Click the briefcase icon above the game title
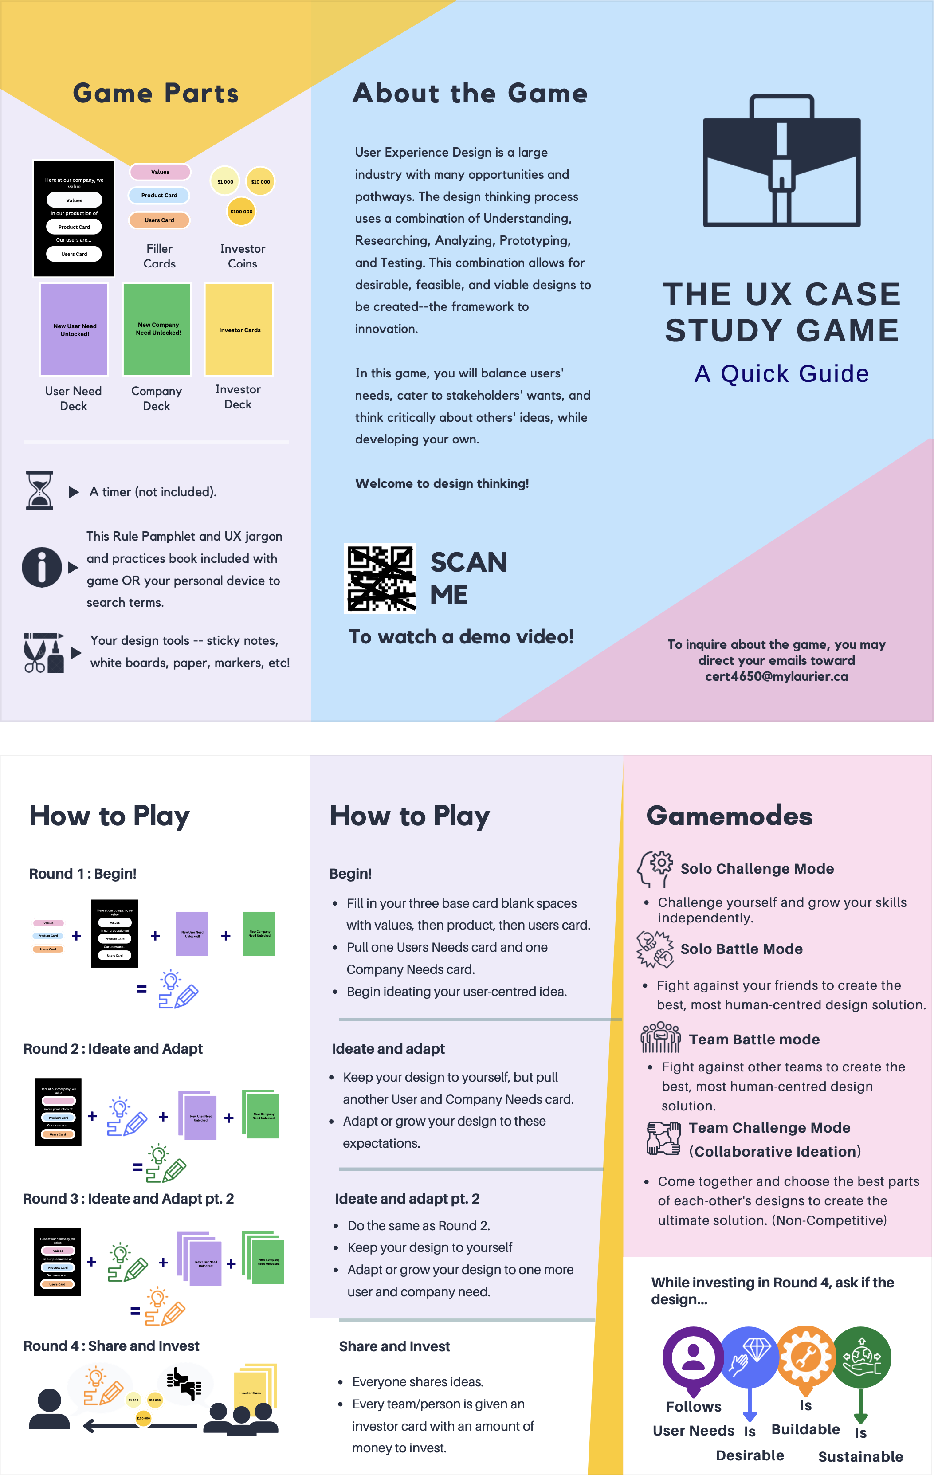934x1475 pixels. coord(781,161)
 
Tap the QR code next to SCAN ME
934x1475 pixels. coord(381,578)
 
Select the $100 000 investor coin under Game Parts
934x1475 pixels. coord(241,212)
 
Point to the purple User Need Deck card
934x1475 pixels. coord(74,330)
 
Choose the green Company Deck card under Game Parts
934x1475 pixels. coord(157,330)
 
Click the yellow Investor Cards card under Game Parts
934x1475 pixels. coord(239,330)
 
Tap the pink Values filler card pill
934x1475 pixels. coord(160,172)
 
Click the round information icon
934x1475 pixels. coord(42,567)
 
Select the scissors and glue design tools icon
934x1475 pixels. coord(43,653)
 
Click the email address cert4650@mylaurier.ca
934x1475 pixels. coord(776,676)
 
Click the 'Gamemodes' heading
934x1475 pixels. coord(729,816)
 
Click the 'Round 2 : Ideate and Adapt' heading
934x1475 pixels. coord(113,1049)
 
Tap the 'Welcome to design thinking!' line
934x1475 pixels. coord(442,483)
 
